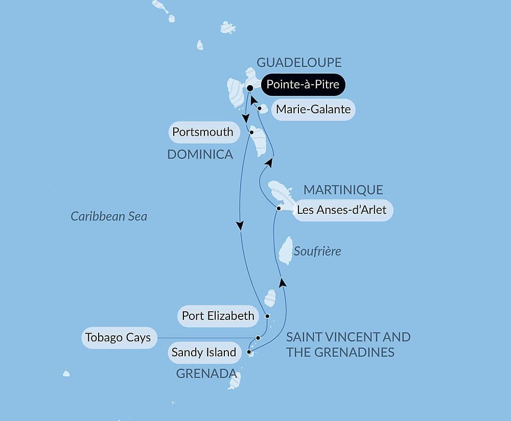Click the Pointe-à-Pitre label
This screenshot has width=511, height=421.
(x=303, y=84)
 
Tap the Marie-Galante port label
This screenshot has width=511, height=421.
(x=313, y=109)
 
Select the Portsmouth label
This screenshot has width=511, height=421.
(x=203, y=132)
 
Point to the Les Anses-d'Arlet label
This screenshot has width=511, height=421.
(x=343, y=210)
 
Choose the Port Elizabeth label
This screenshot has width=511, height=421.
(x=218, y=316)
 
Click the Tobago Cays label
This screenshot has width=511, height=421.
(x=118, y=338)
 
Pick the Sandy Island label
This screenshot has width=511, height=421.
(x=204, y=352)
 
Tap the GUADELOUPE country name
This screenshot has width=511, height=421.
(x=299, y=62)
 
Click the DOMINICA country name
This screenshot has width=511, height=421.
(x=200, y=154)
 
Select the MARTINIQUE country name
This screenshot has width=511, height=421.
(x=343, y=190)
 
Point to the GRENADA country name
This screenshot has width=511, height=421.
(x=202, y=374)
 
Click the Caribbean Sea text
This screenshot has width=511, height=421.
(x=109, y=216)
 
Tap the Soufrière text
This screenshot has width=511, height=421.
(x=317, y=252)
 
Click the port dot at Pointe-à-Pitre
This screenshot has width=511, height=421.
(x=250, y=88)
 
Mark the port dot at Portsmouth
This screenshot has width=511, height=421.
(x=251, y=132)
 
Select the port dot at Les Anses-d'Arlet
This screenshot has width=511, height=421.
(x=278, y=208)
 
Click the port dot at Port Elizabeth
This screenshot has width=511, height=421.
(x=267, y=316)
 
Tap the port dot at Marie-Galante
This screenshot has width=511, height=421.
(x=260, y=108)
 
